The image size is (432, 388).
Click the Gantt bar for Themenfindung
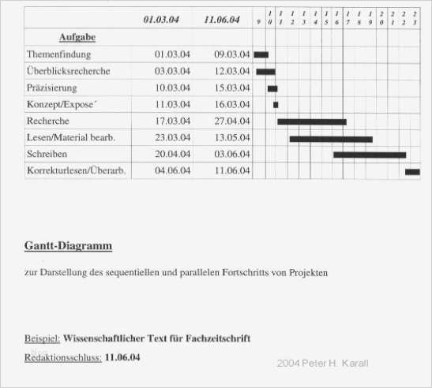coord(261,54)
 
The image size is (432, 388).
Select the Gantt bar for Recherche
coord(311,121)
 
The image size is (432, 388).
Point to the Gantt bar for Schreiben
coord(369,155)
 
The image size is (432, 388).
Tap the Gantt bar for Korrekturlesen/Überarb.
coord(412,171)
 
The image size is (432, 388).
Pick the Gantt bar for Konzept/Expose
coord(276,104)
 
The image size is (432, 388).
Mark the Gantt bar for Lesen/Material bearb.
coord(330,138)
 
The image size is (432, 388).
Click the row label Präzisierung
coord(51,88)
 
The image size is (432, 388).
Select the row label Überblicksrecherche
coord(68,71)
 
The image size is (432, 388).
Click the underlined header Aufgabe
coord(77,37)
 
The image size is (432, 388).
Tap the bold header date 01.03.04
coord(161,20)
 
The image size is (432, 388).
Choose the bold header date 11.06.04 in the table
coord(221,20)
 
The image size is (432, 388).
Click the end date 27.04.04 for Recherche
coord(232,121)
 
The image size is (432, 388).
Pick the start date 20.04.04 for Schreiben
coord(172,155)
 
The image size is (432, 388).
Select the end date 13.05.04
coord(232,138)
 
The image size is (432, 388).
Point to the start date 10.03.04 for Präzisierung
coord(172,88)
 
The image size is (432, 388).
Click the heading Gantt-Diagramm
coord(68,246)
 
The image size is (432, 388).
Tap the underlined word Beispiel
coord(42,338)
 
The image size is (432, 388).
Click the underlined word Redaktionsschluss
coord(63,357)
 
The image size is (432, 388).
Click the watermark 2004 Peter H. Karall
coord(322,364)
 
